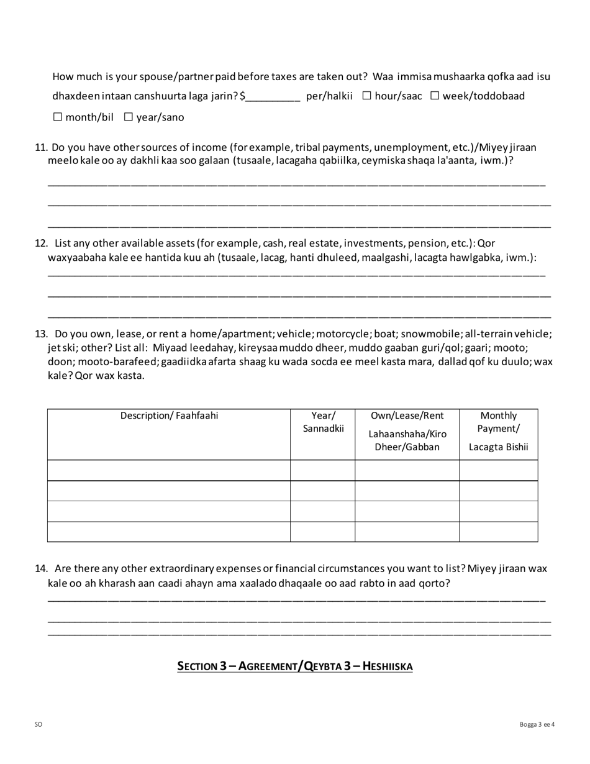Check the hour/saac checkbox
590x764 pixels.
point(366,96)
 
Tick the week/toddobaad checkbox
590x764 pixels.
point(435,96)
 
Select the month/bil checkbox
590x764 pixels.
point(58,117)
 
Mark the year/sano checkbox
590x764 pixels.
point(129,117)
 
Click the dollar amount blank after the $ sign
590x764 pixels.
point(273,96)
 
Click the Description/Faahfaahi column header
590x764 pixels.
point(169,416)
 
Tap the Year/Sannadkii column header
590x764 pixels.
point(323,422)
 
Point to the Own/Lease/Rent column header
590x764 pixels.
point(407,416)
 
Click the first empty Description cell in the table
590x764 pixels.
point(169,470)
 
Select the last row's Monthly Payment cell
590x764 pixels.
point(498,532)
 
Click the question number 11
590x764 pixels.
point(41,147)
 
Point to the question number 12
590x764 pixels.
point(41,243)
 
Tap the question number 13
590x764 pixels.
point(41,334)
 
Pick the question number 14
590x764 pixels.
point(41,568)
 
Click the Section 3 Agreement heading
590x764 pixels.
point(295,666)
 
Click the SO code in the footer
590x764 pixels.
point(39,724)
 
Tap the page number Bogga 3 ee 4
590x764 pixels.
point(537,724)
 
